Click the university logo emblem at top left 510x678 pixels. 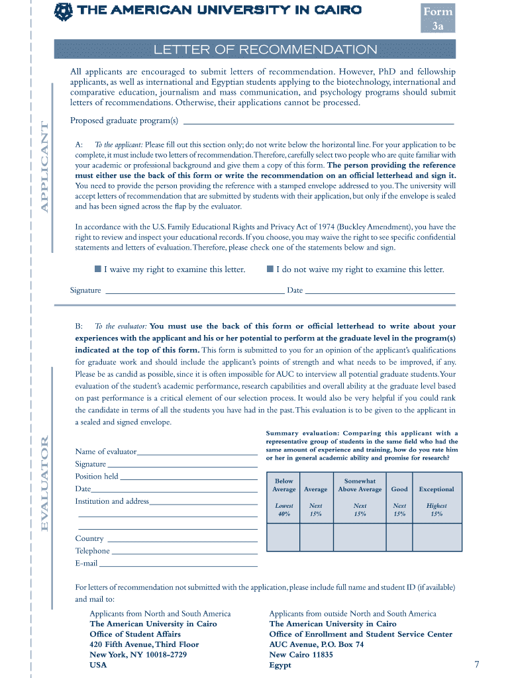[x=63, y=11]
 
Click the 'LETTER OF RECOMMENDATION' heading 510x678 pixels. [x=265, y=50]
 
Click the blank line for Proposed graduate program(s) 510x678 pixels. [x=318, y=122]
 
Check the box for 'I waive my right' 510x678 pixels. [x=97, y=269]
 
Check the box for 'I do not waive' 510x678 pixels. [x=270, y=269]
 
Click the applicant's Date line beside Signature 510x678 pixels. [x=380, y=291]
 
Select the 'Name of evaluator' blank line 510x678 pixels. [x=197, y=454]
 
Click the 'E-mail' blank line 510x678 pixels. [x=178, y=565]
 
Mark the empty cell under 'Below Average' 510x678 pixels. [x=283, y=538]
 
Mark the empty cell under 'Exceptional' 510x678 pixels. [x=436, y=538]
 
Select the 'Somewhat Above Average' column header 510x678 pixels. [x=360, y=485]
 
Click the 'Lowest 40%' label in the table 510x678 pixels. [x=283, y=510]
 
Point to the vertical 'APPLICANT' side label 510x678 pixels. [x=45, y=167]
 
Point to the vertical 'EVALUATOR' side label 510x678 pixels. [x=45, y=483]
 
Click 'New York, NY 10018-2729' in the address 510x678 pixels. [x=138, y=655]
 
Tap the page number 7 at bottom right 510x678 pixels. [x=476, y=664]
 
